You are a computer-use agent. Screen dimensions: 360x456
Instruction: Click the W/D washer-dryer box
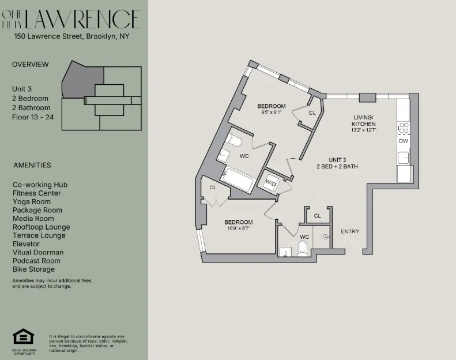coord(270,182)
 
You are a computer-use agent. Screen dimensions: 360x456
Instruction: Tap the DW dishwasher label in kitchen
coord(403,141)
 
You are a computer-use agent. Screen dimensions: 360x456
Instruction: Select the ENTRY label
coord(350,231)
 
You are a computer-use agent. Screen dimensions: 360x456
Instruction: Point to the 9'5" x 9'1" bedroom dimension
coord(271,112)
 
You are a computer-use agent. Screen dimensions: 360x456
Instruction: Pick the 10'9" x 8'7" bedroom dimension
coord(238,228)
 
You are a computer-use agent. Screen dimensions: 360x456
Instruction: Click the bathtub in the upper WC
coord(238,179)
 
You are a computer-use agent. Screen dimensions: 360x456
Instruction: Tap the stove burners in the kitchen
coord(404,127)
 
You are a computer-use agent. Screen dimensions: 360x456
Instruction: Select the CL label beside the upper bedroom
coord(312,112)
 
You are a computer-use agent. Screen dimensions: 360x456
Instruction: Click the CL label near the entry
coord(317,216)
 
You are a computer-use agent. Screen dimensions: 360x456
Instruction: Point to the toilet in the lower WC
coord(303,248)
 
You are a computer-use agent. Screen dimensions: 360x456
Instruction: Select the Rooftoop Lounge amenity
coord(41,227)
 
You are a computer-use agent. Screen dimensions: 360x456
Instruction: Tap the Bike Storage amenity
coord(33,269)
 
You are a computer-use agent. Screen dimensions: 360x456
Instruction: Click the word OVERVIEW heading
coord(31,65)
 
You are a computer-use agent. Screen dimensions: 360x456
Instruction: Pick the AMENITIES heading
coord(32,165)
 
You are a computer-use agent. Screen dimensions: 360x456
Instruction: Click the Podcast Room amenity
coord(36,261)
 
